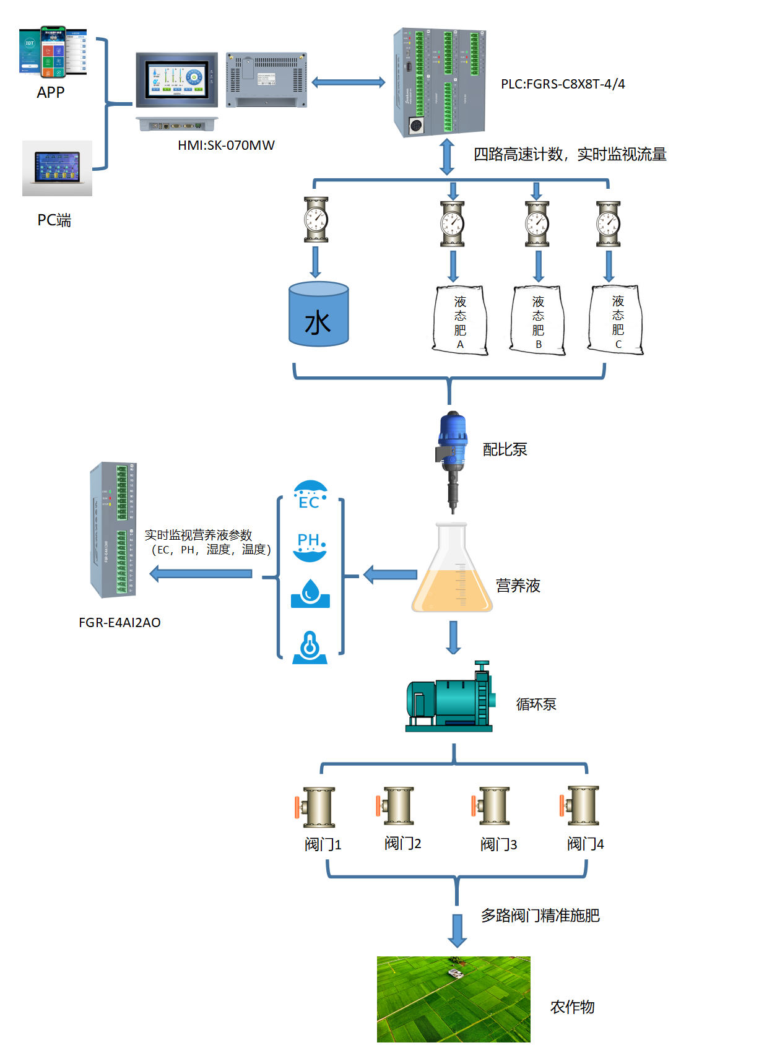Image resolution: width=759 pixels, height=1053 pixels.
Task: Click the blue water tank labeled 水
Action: point(319,314)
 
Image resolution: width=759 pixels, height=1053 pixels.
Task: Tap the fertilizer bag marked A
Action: point(460,320)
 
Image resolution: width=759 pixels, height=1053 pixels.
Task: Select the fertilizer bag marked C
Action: point(617,320)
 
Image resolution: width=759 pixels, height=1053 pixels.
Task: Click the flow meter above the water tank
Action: point(316,220)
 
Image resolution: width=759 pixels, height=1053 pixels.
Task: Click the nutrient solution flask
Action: point(452,570)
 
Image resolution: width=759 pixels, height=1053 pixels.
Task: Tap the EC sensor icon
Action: point(310,496)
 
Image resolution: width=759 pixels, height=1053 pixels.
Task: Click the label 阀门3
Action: point(498,844)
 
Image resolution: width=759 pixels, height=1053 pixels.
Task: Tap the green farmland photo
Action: point(453,999)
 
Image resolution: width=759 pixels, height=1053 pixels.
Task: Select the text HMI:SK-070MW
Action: point(226,145)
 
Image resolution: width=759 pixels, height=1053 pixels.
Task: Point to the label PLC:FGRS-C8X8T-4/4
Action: point(563,84)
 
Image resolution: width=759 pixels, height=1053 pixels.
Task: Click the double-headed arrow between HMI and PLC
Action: point(348,82)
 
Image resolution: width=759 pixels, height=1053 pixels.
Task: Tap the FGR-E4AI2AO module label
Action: point(119,623)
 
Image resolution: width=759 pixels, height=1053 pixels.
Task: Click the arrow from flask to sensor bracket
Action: point(390,575)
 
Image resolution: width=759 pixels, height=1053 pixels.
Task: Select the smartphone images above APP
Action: point(53,52)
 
